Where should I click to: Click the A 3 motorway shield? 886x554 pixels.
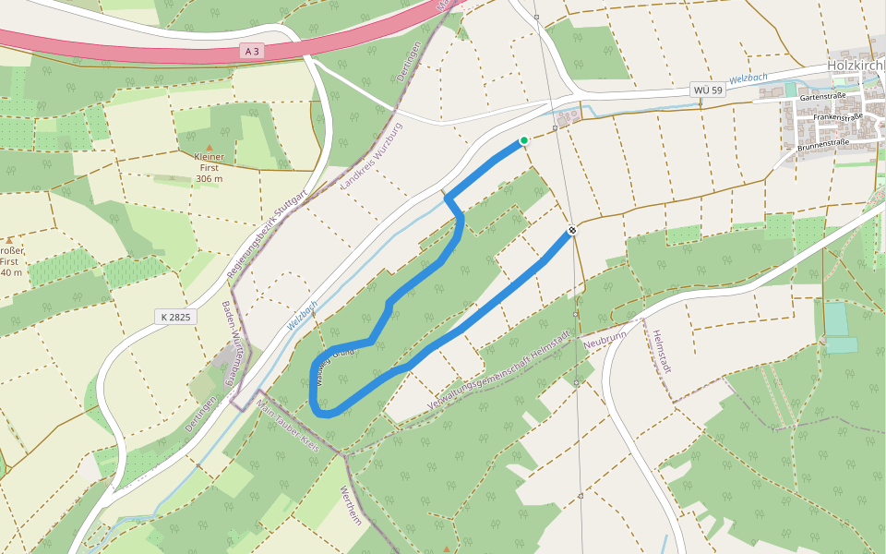point(251,52)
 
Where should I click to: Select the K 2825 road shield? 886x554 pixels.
point(175,317)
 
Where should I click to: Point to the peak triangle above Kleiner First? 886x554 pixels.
point(210,147)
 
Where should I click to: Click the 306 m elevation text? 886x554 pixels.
point(210,178)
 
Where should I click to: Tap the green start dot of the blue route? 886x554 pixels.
point(523,140)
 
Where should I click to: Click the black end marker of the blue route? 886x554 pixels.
point(572,230)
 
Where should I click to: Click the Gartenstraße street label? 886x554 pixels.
point(824,97)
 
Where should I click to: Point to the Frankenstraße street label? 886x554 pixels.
point(837,117)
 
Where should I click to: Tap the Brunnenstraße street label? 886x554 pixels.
point(822,144)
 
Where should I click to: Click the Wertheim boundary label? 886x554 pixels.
point(349,506)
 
